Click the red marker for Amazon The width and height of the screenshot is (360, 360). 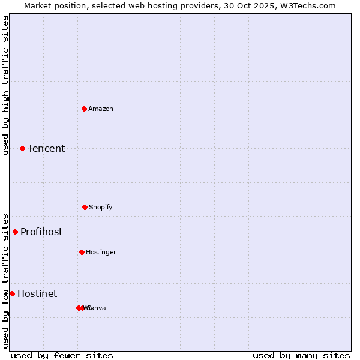84,109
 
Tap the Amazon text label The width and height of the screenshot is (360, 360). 101,109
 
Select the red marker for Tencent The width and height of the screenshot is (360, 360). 22,148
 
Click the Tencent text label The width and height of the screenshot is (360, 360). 46,148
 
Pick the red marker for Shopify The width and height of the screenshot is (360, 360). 85,207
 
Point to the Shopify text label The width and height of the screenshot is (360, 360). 101,207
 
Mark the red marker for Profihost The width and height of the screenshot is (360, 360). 15,232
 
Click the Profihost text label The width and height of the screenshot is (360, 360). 41,232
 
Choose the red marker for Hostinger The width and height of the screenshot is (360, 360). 82,252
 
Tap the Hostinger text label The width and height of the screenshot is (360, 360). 101,252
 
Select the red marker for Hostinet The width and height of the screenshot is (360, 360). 12,293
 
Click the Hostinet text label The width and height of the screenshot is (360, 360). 37,293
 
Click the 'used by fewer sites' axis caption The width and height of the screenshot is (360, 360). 62,355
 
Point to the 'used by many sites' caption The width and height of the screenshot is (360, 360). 301,355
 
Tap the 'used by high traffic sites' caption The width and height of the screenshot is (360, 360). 5,85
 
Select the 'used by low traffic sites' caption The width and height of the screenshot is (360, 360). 5,280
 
